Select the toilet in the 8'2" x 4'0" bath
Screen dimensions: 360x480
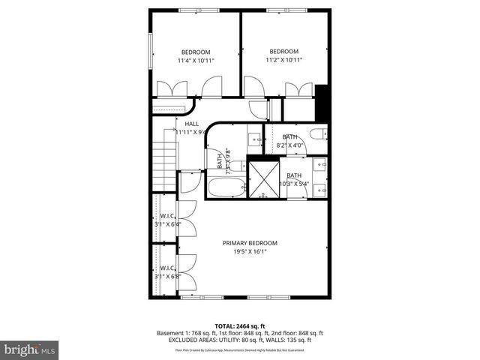[x=319, y=134]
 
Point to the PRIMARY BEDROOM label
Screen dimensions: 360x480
[x=250, y=243]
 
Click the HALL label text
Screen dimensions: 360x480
[x=192, y=124]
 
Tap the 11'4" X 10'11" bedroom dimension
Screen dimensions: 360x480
[x=196, y=60]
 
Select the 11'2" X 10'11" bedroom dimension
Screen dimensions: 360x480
[x=284, y=60]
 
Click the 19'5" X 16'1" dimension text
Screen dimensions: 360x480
[x=250, y=252]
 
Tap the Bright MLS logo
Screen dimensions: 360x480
[x=29, y=349]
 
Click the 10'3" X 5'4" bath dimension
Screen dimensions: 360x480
[x=294, y=184]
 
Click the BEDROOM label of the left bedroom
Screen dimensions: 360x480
[x=196, y=52]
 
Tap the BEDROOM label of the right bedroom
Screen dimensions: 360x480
[x=284, y=52]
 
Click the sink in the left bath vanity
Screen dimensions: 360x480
[x=254, y=138]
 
